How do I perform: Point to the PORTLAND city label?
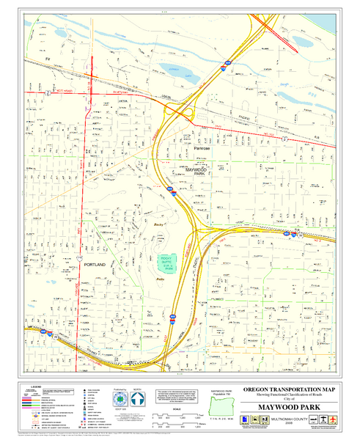coord(95,264)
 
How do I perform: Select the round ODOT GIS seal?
coord(120,398)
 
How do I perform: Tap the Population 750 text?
coord(221,392)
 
